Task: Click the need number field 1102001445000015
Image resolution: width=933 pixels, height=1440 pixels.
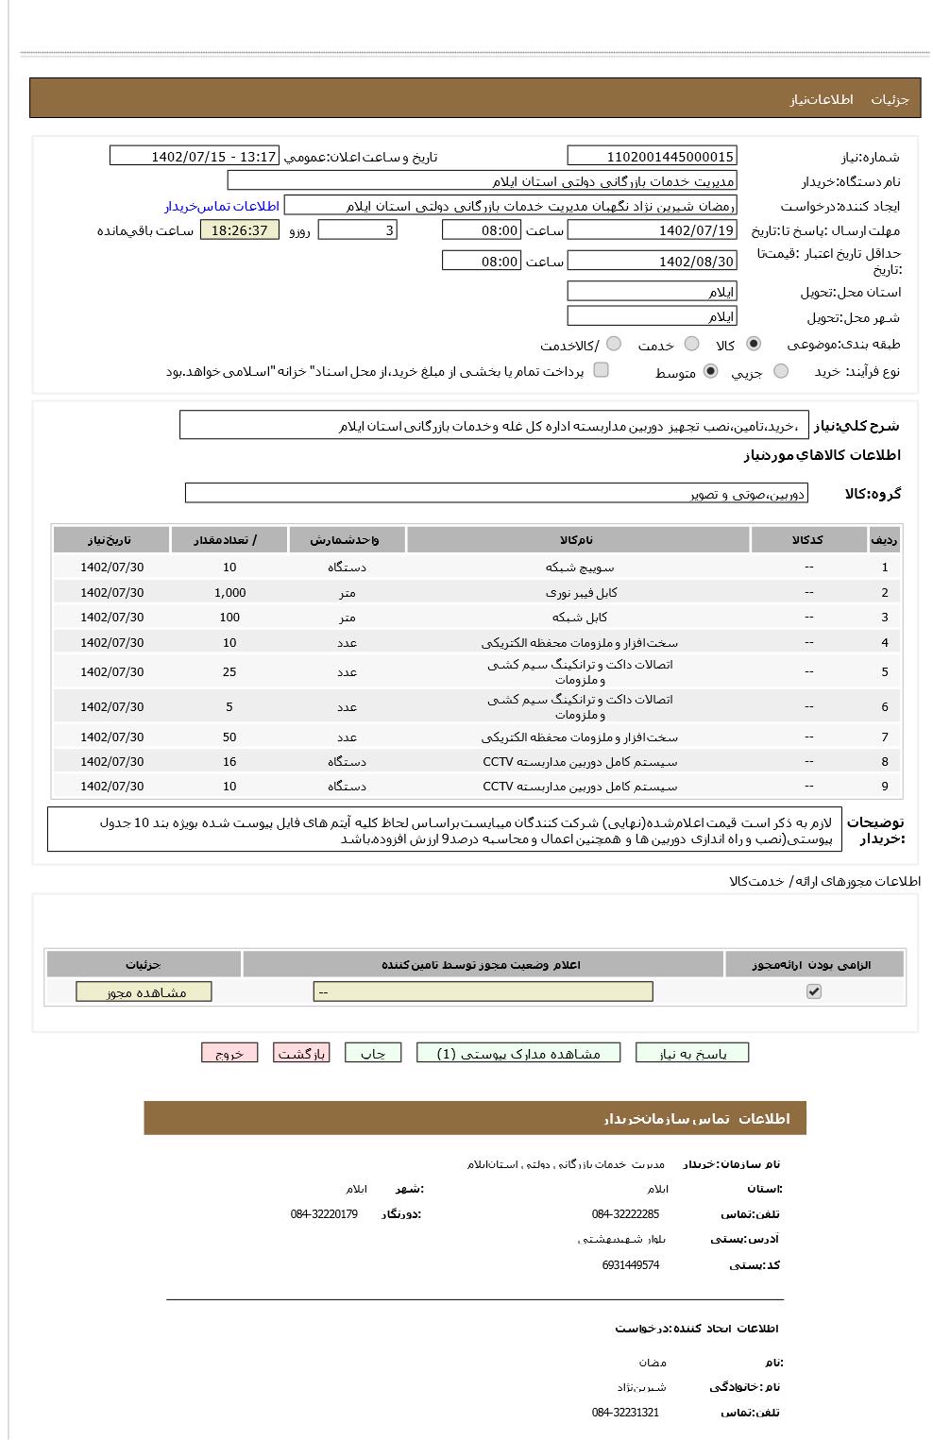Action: [652, 157]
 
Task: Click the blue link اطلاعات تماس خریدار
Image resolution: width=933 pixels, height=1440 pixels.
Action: [222, 206]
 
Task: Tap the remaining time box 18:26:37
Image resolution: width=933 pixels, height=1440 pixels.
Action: [240, 230]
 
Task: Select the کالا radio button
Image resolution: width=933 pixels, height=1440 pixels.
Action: [753, 345]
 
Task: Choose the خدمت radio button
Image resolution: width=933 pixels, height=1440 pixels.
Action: [691, 345]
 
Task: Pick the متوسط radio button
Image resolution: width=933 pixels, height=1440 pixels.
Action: [710, 372]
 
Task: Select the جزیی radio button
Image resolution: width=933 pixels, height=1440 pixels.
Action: [780, 372]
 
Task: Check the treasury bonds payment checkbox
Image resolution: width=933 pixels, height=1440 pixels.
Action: [601, 370]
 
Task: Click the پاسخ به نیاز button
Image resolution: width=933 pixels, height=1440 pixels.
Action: [692, 1054]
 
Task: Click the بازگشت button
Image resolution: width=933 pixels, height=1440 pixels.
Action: [301, 1054]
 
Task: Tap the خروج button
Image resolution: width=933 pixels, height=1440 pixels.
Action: [229, 1054]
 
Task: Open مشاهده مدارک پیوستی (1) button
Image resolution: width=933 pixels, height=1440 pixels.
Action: [518, 1054]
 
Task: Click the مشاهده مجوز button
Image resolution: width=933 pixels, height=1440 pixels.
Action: [144, 992]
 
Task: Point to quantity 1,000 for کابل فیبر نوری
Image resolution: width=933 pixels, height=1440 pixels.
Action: [229, 593]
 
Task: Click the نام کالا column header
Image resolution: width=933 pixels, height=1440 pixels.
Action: [577, 540]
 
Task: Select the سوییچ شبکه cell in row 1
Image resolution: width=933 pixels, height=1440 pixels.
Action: [579, 568]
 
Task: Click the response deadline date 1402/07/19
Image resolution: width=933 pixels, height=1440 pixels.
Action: [652, 230]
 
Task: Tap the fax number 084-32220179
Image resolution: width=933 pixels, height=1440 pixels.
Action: [324, 1214]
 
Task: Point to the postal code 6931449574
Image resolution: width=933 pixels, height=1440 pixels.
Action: [630, 1265]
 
